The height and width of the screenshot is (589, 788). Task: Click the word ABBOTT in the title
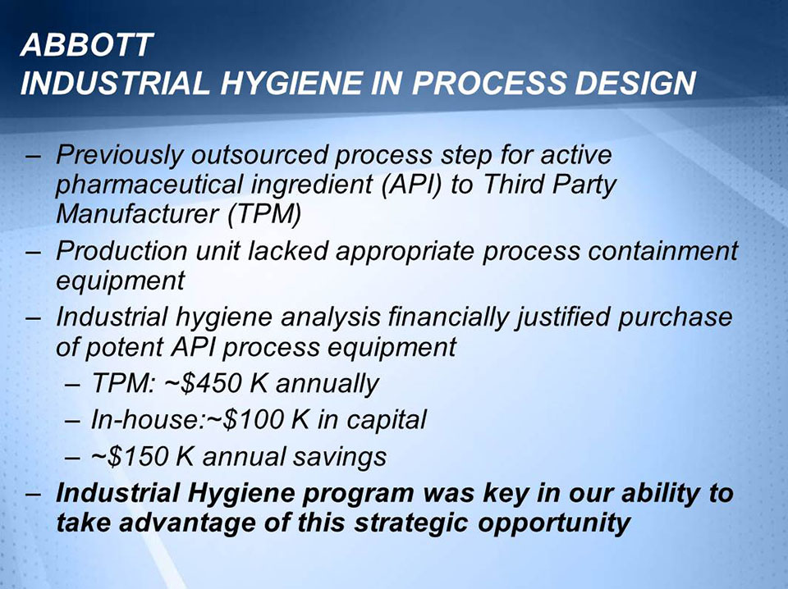point(87,46)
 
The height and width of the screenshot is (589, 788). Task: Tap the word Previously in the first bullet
point(117,154)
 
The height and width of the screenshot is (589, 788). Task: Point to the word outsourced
point(258,154)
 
